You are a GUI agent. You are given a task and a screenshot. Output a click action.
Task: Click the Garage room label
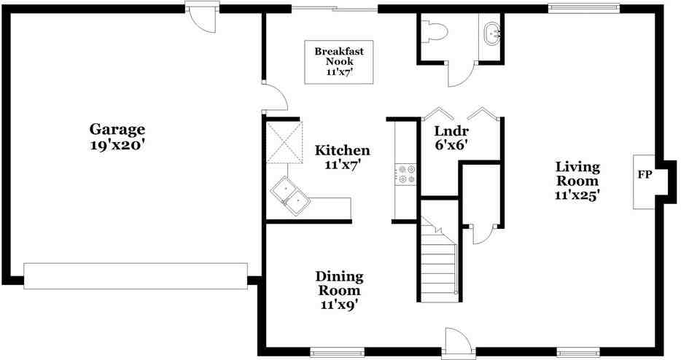117,137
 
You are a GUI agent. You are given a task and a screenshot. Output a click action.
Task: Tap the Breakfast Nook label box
339,62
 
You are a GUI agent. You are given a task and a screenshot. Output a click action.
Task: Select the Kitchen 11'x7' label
342,157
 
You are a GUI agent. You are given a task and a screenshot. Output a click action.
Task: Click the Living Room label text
577,180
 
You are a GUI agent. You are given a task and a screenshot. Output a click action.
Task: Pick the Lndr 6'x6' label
451,138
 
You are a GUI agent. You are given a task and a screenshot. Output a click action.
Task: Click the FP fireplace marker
645,175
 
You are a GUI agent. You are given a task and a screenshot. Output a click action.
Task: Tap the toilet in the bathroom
435,31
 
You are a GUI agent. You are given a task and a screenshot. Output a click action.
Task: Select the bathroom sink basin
493,33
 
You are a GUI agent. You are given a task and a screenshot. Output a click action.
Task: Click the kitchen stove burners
406,173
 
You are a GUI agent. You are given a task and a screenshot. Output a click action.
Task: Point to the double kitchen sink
289,196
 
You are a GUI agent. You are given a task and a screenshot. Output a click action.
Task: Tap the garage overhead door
136,275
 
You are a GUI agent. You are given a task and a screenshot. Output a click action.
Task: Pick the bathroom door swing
460,74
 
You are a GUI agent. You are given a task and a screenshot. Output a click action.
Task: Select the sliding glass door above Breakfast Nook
334,8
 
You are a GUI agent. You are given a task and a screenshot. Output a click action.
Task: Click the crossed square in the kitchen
284,142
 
